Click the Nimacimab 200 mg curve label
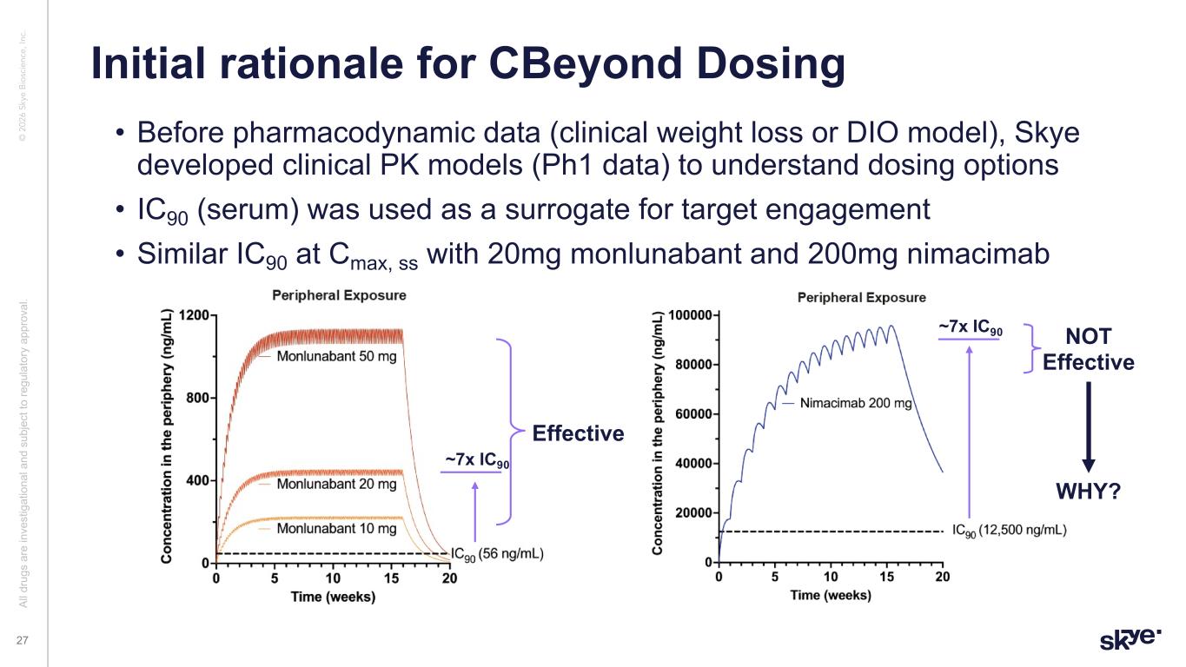point(856,403)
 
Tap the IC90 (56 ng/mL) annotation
point(497,552)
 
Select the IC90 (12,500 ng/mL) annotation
point(1010,530)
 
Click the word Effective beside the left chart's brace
point(578,433)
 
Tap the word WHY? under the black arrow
point(1088,492)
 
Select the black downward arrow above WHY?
point(1088,426)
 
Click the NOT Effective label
point(1088,349)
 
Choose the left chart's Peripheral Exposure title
point(339,295)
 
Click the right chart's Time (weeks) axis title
point(831,595)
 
